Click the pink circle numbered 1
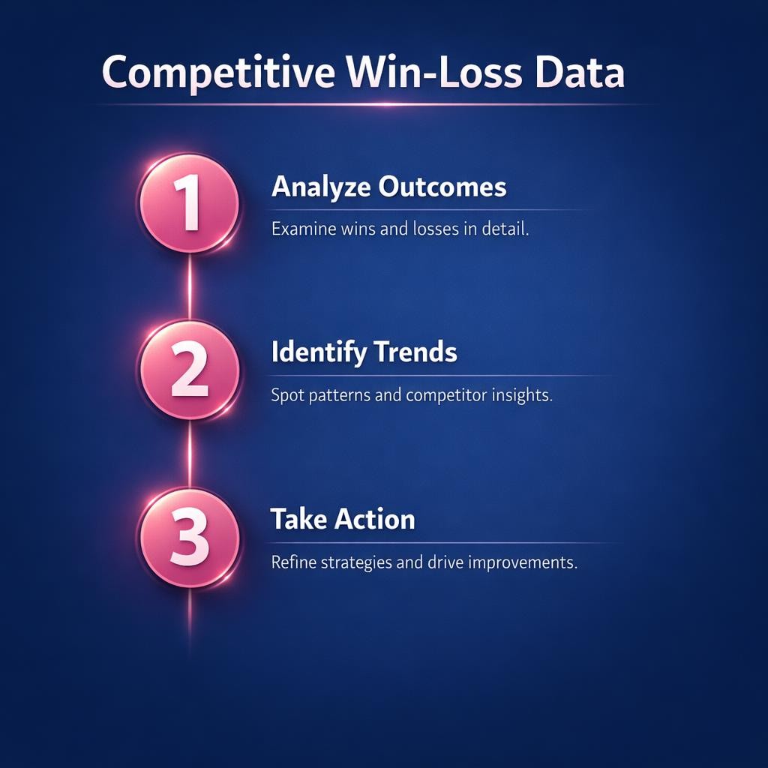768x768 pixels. click(189, 204)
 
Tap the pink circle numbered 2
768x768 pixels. click(189, 370)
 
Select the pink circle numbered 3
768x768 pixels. click(189, 538)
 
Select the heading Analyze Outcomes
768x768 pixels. click(388, 187)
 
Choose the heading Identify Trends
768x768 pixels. click(364, 352)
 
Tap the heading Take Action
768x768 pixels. click(343, 519)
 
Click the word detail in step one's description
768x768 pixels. click(505, 229)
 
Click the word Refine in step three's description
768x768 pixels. click(293, 562)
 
